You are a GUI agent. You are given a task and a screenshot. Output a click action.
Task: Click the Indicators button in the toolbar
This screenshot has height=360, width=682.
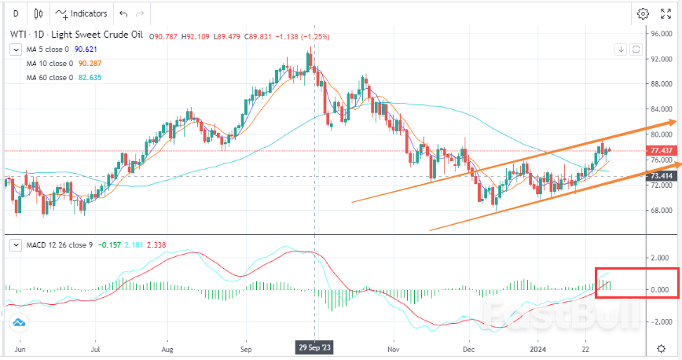81,13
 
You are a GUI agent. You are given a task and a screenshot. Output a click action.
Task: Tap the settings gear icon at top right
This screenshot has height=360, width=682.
643,13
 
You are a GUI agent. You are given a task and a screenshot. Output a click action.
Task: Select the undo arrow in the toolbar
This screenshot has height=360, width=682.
123,13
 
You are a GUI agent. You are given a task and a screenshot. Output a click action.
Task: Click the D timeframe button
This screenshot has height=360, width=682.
16,13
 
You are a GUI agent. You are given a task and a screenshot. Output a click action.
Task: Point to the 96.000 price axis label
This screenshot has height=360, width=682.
658,34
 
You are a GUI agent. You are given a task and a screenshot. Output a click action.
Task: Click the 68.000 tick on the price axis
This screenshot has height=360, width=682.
658,211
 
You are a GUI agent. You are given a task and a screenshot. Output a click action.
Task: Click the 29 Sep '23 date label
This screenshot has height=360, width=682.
314,347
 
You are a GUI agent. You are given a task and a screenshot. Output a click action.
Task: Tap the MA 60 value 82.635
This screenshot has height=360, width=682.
88,77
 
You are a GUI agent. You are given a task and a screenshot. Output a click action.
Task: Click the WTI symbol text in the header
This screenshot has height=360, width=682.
17,35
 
